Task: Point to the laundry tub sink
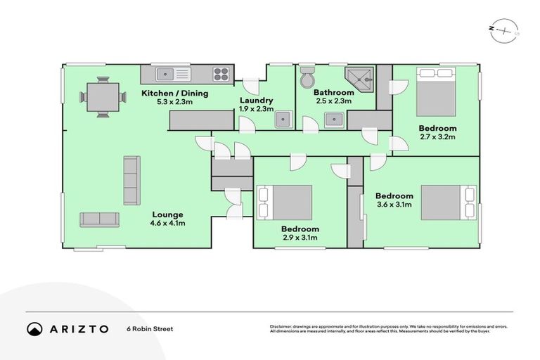point(283,120)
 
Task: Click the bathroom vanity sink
point(334,120)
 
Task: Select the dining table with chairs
point(103,97)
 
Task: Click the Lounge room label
point(167,214)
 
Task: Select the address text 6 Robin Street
point(149,328)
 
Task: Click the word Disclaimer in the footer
point(281,326)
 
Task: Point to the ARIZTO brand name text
point(79,328)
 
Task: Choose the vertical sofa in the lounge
point(131,180)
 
